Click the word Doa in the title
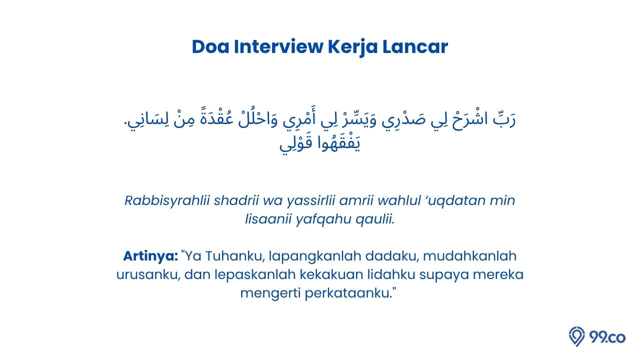point(210,46)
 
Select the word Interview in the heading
point(278,46)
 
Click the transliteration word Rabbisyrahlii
point(167,201)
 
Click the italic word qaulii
point(375,219)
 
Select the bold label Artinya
point(150,256)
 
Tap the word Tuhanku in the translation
point(233,256)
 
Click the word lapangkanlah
point(315,256)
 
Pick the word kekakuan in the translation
point(331,274)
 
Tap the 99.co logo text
point(607,337)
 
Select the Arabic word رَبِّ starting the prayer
point(504,119)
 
